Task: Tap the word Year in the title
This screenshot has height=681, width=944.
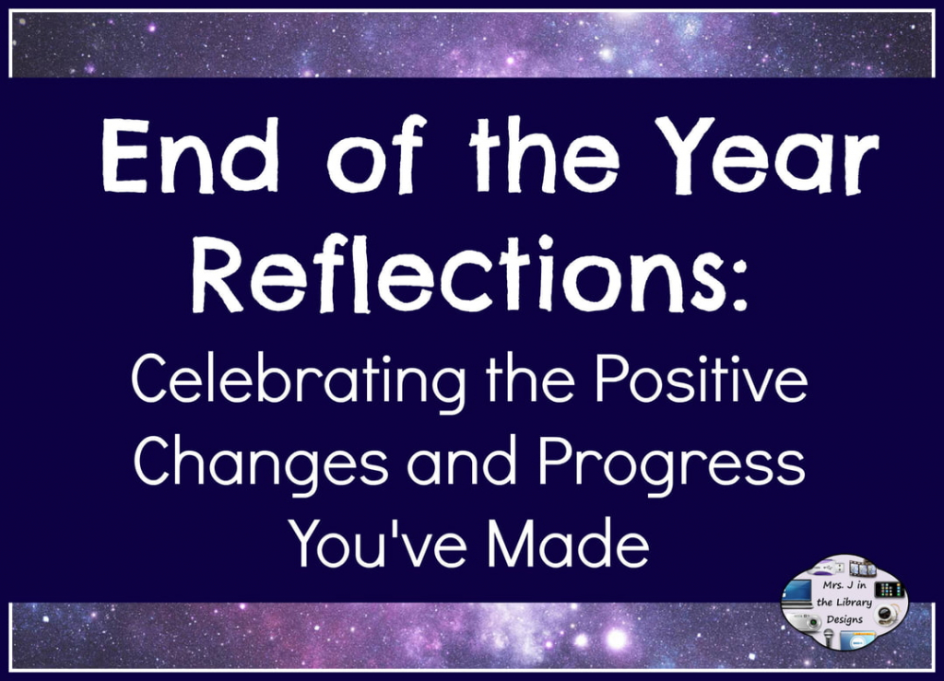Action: pyautogui.click(x=768, y=155)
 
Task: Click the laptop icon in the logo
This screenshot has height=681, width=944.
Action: pyautogui.click(x=798, y=595)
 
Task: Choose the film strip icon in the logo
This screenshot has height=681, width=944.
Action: pyautogui.click(x=863, y=568)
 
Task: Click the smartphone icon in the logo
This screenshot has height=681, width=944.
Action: pyautogui.click(x=890, y=588)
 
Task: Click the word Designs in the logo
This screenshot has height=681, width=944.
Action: pyautogui.click(x=844, y=619)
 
